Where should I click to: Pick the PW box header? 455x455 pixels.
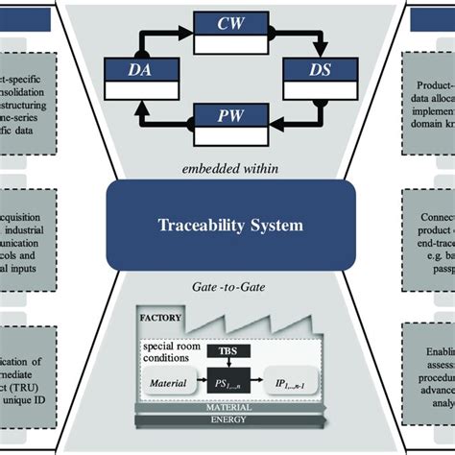click(x=227, y=116)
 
